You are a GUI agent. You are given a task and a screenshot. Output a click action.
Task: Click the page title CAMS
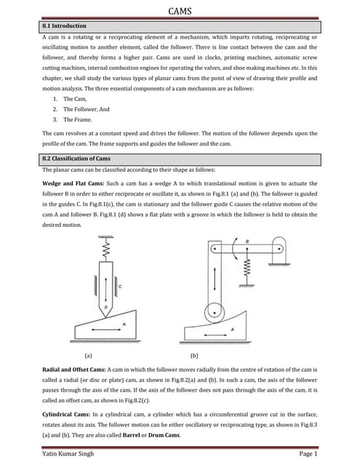pos(180,11)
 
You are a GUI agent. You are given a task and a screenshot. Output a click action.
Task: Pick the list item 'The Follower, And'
pos(86,109)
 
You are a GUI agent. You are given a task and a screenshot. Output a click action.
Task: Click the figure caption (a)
pos(88,356)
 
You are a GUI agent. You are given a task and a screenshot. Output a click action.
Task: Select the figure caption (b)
pos(195,356)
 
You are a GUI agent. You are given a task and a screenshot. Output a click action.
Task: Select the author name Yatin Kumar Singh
pos(69,453)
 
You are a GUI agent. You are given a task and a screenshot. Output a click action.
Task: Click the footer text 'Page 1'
pos(308,453)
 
